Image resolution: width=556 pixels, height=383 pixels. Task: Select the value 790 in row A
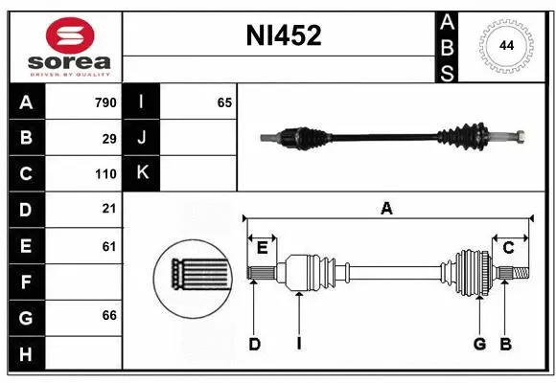[x=104, y=102]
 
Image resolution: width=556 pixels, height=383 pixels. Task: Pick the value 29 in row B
[x=109, y=139]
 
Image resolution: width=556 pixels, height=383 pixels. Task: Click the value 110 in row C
[x=105, y=174]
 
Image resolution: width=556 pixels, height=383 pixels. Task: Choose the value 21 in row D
[x=109, y=209]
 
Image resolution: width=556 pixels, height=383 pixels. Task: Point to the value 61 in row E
[x=109, y=246]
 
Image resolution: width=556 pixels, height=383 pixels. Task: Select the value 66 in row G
[x=109, y=315]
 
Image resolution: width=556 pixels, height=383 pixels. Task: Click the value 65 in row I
[x=224, y=102]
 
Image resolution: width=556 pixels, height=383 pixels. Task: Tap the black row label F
[x=25, y=282]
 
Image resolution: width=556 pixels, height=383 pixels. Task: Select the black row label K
[x=142, y=173]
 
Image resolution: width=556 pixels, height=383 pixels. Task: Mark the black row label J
[x=142, y=138]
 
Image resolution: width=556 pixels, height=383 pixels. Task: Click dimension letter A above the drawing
[x=386, y=208]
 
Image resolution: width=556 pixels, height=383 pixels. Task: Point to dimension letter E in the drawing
[x=262, y=248]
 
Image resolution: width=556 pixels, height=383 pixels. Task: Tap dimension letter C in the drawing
[x=509, y=248]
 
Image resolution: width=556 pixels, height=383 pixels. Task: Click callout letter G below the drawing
[x=479, y=344]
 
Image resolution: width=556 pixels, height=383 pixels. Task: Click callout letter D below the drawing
[x=254, y=344]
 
